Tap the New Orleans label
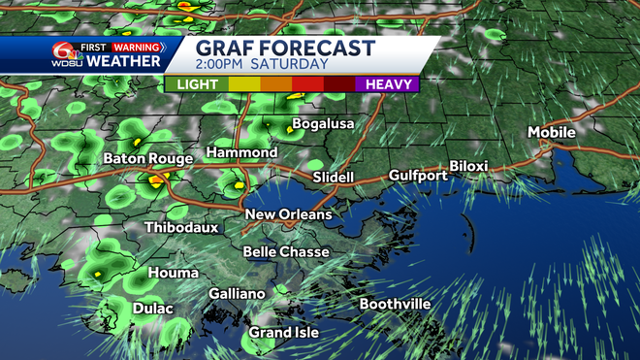click(288, 214)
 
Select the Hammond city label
click(241, 153)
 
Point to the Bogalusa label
click(324, 124)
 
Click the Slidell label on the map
click(334, 178)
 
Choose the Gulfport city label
click(418, 176)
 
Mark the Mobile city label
click(551, 132)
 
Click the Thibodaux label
click(180, 228)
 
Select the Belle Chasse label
click(286, 252)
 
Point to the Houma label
click(167, 274)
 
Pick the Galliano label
click(237, 294)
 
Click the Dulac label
click(153, 310)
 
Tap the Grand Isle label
click(283, 333)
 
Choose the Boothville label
click(395, 304)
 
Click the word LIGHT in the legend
click(197, 84)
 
